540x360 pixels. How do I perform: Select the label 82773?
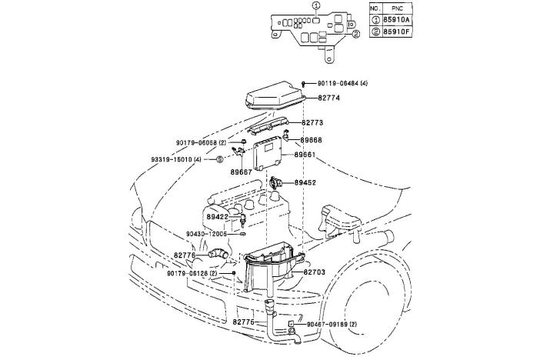coord(312,123)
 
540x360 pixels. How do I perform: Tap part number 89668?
coord(312,140)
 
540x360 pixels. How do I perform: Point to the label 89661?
coord(305,154)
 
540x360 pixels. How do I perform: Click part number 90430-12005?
coord(206,234)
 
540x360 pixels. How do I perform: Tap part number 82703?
coord(314,272)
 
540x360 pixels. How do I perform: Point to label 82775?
coord(245,322)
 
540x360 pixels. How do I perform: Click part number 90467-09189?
coord(332,325)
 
